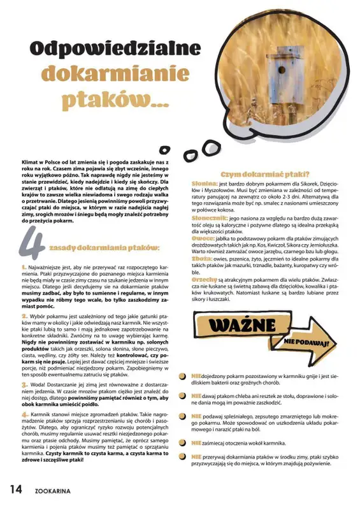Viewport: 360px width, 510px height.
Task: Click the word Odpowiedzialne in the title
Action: tap(114, 49)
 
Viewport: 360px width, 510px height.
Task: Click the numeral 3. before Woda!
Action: tap(24, 385)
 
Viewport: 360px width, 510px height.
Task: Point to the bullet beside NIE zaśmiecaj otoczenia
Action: tap(184, 442)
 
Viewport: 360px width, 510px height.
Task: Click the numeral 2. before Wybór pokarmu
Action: tap(24, 316)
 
